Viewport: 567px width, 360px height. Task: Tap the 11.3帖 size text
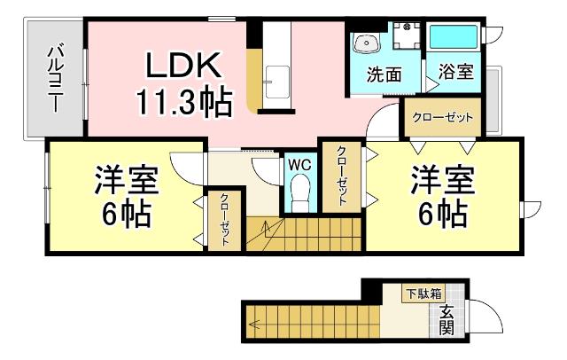(183, 102)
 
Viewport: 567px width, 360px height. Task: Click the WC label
(299, 163)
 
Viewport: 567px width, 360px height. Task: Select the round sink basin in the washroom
(365, 43)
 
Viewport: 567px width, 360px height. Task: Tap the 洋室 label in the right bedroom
(440, 183)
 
